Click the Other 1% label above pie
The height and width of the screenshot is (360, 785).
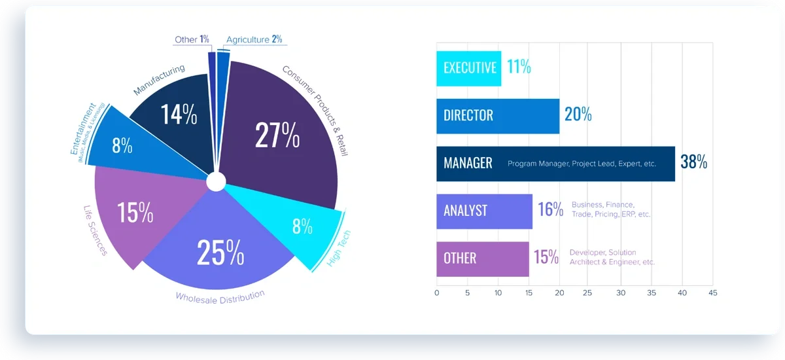[x=192, y=39]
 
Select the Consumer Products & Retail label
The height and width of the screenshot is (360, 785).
[x=315, y=109]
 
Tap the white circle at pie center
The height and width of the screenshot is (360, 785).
[x=216, y=181]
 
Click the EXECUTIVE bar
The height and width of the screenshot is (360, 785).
[x=468, y=68]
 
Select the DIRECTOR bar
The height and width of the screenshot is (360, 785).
[x=497, y=116]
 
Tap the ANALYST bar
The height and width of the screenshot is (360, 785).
[x=484, y=211]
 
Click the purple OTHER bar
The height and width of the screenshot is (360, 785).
[x=482, y=259]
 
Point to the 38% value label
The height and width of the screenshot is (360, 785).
[x=693, y=163]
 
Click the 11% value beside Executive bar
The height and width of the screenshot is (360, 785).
[x=519, y=67]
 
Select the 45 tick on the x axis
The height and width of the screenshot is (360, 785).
[x=712, y=293]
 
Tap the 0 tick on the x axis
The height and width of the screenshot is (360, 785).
[x=437, y=293]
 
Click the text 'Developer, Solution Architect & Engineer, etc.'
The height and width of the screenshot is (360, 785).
[x=612, y=257]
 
